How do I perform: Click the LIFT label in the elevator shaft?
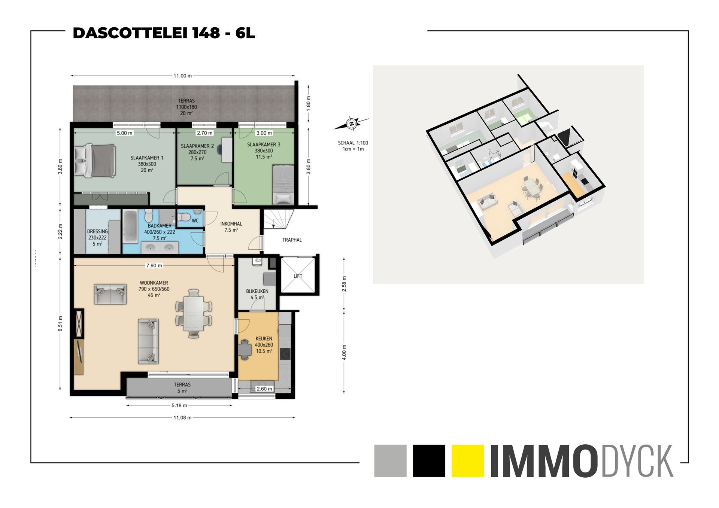pos(298,276)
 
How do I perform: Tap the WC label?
pos(195,221)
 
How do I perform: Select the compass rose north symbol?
pos(351,124)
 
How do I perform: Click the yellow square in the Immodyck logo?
pos(468,460)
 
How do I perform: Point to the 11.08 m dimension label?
pos(182,417)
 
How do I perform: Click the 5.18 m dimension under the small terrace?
pos(179,405)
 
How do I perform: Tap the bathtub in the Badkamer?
pos(130,226)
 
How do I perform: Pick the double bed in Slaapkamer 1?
pos(95,161)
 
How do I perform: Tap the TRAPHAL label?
pos(292,240)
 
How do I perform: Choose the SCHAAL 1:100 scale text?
pos(353,143)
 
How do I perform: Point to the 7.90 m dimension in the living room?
pos(154,265)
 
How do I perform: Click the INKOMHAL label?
pos(231,224)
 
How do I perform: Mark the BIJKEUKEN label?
pos(257,291)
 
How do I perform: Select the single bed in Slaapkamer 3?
pos(283,185)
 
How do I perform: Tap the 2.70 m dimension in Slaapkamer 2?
pos(204,133)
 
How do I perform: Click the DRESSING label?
pos(97,231)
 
